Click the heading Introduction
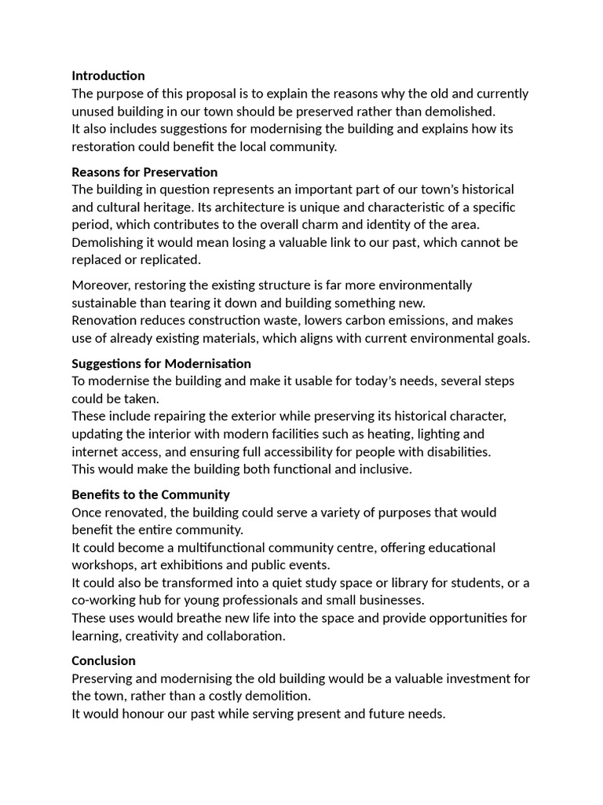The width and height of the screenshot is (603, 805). coord(108,75)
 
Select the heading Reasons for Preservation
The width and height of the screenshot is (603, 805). coord(144,171)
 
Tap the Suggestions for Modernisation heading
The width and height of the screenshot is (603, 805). coord(161,363)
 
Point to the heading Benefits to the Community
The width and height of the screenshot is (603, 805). coord(151,494)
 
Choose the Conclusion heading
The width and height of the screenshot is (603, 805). coord(104,660)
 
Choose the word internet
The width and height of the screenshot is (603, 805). coord(97,451)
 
